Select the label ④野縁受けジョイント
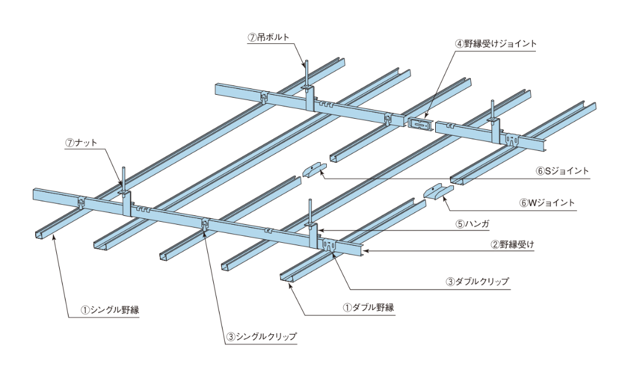click(496, 43)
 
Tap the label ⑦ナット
click(81, 142)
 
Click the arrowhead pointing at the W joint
click(443, 199)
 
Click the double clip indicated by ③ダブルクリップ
click(330, 246)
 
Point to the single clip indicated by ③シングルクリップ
click(205, 224)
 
